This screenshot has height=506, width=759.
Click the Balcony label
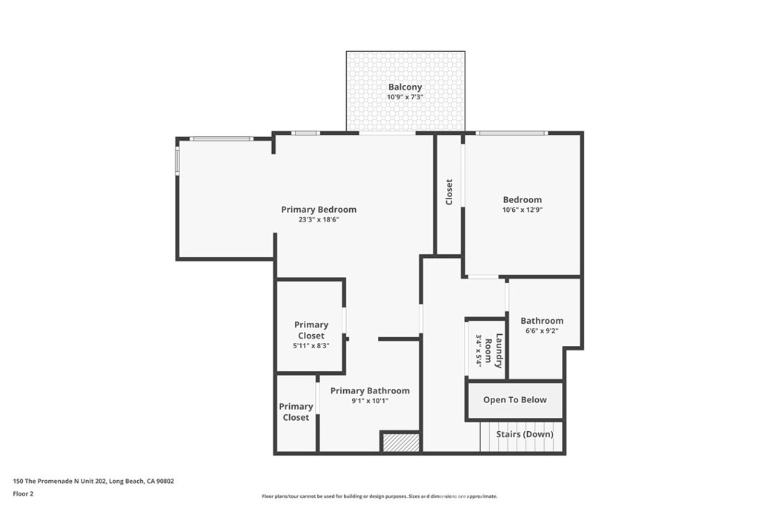pyautogui.click(x=405, y=87)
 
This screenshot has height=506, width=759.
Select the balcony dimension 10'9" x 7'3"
pyautogui.click(x=405, y=97)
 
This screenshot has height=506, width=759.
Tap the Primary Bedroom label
pyautogui.click(x=319, y=210)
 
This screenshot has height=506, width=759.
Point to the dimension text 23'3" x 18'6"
pyautogui.click(x=319, y=219)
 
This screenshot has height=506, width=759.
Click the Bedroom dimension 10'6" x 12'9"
pyautogui.click(x=522, y=210)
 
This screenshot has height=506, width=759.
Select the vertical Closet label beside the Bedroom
pyautogui.click(x=449, y=192)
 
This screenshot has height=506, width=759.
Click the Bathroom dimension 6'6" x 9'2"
pyautogui.click(x=541, y=331)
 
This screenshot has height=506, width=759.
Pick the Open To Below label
pyautogui.click(x=514, y=400)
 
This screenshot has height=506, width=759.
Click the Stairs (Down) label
pyautogui.click(x=525, y=434)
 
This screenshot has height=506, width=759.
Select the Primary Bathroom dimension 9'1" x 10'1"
pyautogui.click(x=370, y=401)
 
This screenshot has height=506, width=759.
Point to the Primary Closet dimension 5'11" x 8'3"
pyautogui.click(x=311, y=346)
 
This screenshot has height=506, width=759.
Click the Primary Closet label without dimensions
pyautogui.click(x=296, y=412)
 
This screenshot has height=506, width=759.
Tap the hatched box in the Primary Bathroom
pyautogui.click(x=401, y=442)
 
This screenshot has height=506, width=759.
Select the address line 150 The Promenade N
pyautogui.click(x=93, y=481)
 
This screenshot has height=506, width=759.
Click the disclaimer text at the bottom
pyautogui.click(x=379, y=496)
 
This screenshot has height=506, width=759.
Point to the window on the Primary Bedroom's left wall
pyautogui.click(x=177, y=161)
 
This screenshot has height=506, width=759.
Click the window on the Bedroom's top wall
pyautogui.click(x=511, y=133)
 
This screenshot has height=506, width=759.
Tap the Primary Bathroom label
pyautogui.click(x=370, y=391)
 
